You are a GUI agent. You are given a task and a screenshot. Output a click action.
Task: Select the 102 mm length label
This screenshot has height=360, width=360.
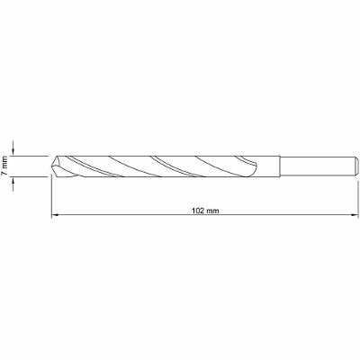click(207, 209)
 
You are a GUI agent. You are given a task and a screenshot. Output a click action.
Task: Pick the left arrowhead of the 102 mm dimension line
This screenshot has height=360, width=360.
click(55, 216)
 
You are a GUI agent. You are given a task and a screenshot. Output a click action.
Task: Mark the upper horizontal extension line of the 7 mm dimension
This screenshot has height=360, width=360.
click(31, 155)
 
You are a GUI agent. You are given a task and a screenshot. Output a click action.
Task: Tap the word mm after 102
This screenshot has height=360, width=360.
click(214, 209)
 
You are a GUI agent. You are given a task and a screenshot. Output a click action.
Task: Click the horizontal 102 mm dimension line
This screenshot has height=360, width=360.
click(135, 216)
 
